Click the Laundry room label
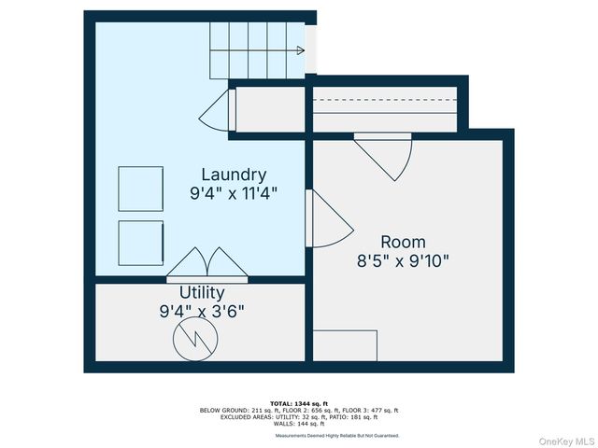pos(234,175)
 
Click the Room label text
pos(403,242)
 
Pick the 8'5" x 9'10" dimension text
pos(403,261)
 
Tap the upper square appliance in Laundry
pos(140,189)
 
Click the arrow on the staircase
pos(299,50)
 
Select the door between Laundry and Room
pos(327,220)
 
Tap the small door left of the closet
pos(215,111)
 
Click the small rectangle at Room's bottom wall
pos(345,344)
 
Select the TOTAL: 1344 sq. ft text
pos(299,403)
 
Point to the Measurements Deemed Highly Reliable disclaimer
pos(336,436)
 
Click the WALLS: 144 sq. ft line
pos(299,424)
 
